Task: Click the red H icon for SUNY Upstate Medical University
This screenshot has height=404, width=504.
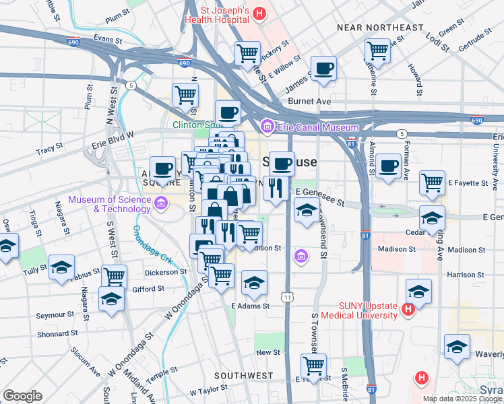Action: (x=407, y=310)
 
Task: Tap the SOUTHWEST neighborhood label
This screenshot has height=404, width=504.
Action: (x=243, y=375)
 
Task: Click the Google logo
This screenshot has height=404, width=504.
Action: (x=22, y=396)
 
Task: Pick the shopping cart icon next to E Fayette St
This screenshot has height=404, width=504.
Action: (x=432, y=182)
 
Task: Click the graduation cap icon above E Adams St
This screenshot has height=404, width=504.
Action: (x=254, y=283)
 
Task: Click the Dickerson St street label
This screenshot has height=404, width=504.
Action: (x=166, y=272)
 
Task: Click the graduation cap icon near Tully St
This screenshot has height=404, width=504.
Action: (x=61, y=267)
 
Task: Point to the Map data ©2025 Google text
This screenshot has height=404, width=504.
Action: (x=462, y=398)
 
